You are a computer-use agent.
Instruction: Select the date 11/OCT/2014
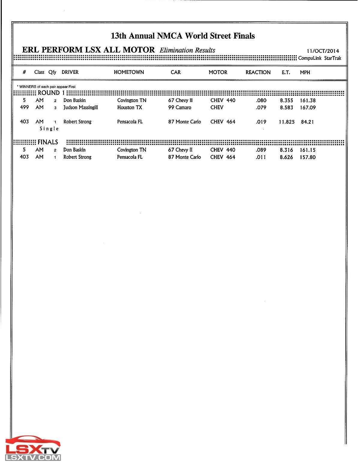click(x=322, y=51)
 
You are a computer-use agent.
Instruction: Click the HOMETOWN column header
click(x=129, y=72)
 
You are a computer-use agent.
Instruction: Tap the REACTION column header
click(x=258, y=72)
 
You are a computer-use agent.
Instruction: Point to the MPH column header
click(x=305, y=72)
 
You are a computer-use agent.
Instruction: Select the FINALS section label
click(x=48, y=142)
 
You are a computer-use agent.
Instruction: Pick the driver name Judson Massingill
click(x=80, y=107)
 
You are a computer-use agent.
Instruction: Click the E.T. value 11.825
click(x=286, y=122)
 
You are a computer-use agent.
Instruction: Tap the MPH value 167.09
click(x=307, y=107)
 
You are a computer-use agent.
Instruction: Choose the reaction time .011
click(x=261, y=157)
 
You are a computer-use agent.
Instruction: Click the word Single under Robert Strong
click(x=49, y=129)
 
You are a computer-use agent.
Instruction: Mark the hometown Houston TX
click(x=130, y=107)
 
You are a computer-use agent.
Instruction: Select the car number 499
click(x=24, y=107)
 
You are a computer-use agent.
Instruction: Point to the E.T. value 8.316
click(x=286, y=150)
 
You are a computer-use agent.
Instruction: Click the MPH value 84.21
click(x=307, y=122)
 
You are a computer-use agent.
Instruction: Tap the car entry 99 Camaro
click(x=179, y=107)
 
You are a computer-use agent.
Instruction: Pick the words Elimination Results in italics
click(x=187, y=50)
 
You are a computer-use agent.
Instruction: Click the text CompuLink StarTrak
click(x=319, y=58)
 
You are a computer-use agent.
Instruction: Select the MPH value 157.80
click(x=307, y=157)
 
